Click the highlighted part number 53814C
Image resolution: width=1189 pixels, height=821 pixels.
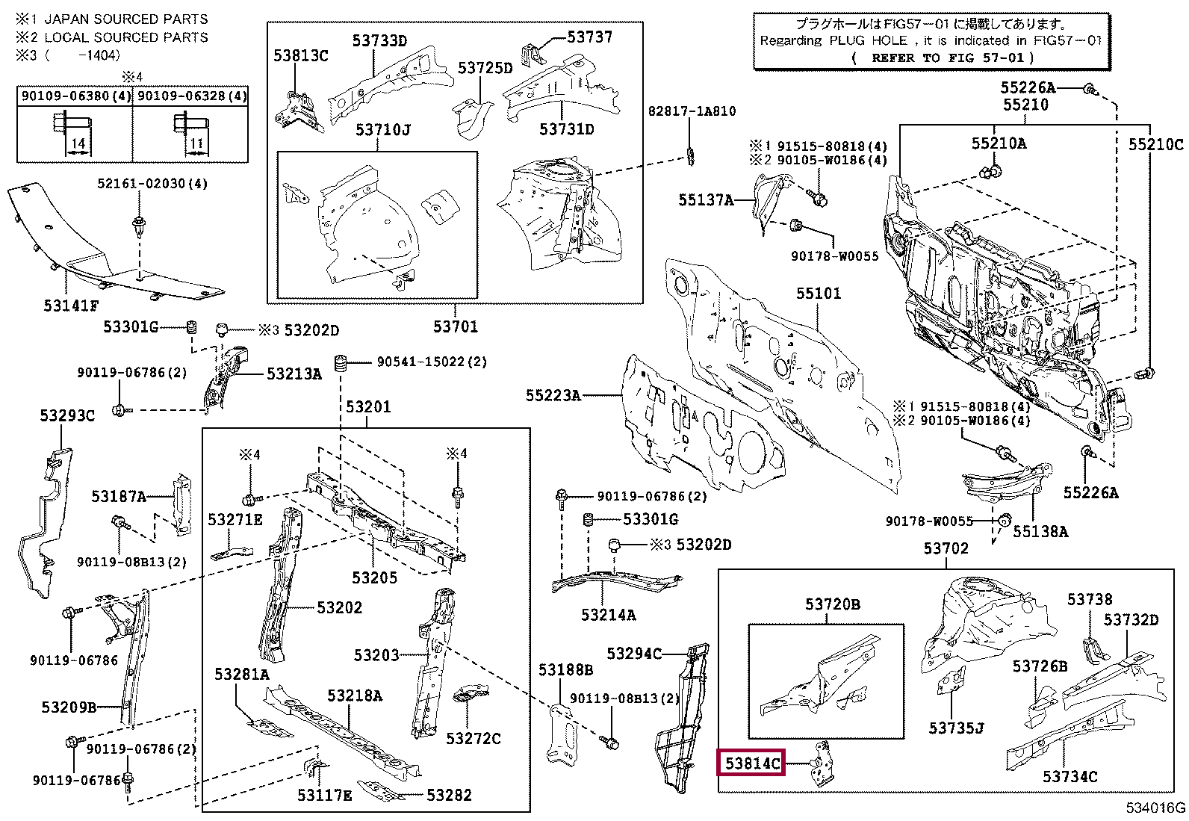point(751,763)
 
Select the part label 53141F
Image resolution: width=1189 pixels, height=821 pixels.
point(71,305)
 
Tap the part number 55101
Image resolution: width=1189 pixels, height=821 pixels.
point(818,293)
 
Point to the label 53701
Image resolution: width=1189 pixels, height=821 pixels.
point(456,326)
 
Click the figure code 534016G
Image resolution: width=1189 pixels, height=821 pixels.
point(1156,808)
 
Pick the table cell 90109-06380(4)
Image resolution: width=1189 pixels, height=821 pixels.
point(75,96)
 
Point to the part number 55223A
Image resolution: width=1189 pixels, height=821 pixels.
point(553,395)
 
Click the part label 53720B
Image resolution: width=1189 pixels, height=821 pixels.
point(832,604)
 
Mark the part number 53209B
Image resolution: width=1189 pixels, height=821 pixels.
point(69,706)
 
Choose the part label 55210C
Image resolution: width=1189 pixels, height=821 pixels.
point(1155,145)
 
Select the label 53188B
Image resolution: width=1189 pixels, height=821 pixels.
point(565,670)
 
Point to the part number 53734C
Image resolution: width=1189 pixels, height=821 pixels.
point(1070,776)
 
